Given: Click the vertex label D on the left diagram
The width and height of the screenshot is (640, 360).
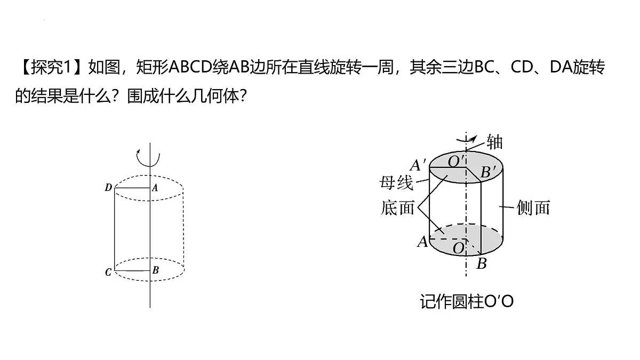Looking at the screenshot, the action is tap(108, 187).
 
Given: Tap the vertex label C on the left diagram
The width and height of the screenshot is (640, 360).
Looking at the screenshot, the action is tap(108, 272).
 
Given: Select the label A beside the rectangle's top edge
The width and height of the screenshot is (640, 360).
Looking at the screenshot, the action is tap(155, 187).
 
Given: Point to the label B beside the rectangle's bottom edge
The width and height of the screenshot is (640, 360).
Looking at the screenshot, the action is tap(155, 270).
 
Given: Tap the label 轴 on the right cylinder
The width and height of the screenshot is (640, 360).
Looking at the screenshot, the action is tap(494, 142).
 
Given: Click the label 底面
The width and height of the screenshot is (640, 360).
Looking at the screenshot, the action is tap(397, 207).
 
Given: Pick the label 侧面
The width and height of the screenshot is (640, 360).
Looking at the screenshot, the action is tap(533, 207).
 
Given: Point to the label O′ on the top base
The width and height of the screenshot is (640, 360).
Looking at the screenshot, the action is tap(457, 161).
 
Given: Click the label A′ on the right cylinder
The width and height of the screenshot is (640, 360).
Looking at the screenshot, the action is tap(418, 165).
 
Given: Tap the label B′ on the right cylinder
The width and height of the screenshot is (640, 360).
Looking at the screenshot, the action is tap(488, 172).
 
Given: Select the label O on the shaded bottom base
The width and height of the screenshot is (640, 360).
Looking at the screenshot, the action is tap(459, 247).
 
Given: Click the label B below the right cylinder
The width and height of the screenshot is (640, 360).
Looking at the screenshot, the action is tap(482, 263).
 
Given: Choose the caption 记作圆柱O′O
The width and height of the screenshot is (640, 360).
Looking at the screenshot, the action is tap(467, 302).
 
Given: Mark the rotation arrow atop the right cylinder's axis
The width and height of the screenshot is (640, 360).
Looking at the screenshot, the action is tap(467, 139).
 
